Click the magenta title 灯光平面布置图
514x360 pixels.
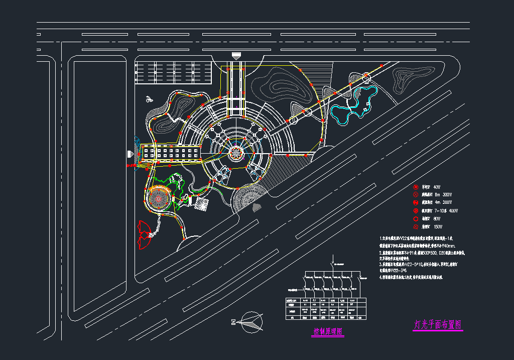point(438,325)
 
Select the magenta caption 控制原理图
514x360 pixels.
point(327,332)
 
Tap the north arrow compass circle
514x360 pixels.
point(251,321)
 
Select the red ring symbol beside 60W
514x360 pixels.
point(416,219)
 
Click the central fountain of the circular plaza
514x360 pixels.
point(235,152)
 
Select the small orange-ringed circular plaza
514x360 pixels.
point(158,199)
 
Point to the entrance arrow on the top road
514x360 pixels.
point(235,56)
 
